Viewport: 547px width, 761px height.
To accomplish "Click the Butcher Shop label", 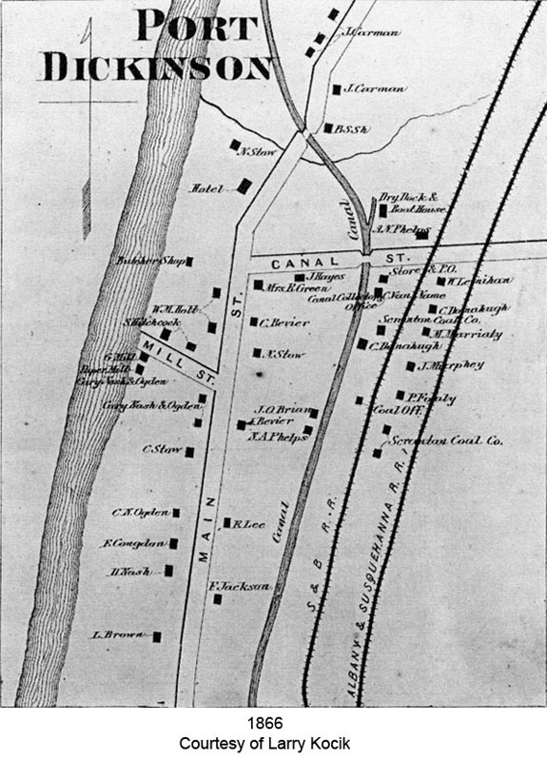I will coord(150,260).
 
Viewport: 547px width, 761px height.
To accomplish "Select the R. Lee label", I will coord(247,522).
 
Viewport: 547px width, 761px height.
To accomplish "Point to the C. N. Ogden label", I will coord(139,513).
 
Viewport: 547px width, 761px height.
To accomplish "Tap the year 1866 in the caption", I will coord(273,722).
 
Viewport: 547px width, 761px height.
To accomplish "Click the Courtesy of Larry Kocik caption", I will coord(273,741).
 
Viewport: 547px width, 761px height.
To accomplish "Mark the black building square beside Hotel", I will coord(244,187).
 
